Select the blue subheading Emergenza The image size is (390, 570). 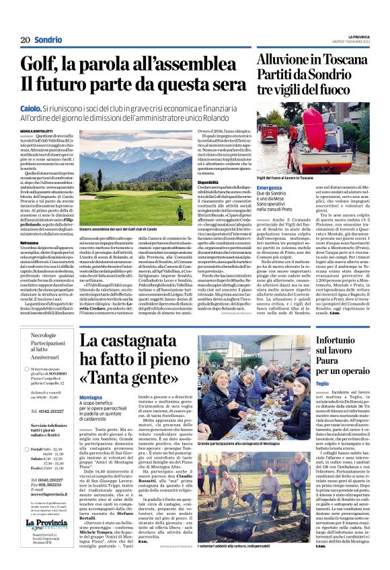tap(269, 187)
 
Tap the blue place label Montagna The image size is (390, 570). tap(91, 397)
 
